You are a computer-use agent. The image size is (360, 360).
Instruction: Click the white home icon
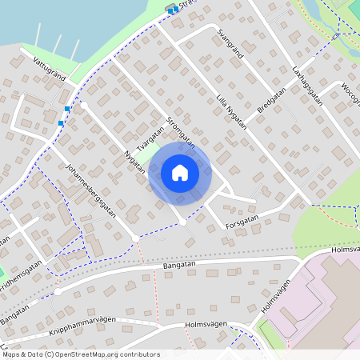(179, 172)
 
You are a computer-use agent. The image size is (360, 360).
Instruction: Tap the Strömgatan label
(181, 133)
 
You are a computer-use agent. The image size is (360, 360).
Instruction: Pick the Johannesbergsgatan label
(92, 191)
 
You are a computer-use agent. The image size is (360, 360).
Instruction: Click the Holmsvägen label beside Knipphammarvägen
(206, 325)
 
